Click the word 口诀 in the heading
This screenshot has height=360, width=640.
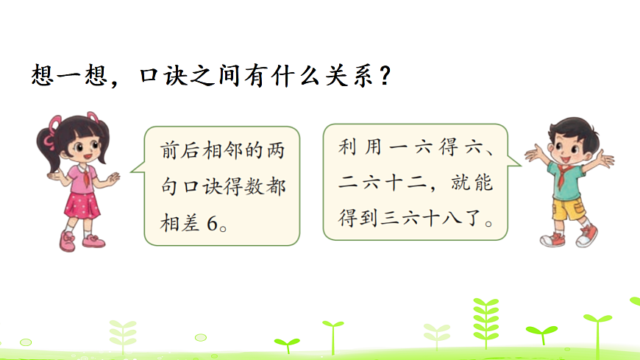[x=157, y=75]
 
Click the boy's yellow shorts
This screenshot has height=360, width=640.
[x=568, y=209]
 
